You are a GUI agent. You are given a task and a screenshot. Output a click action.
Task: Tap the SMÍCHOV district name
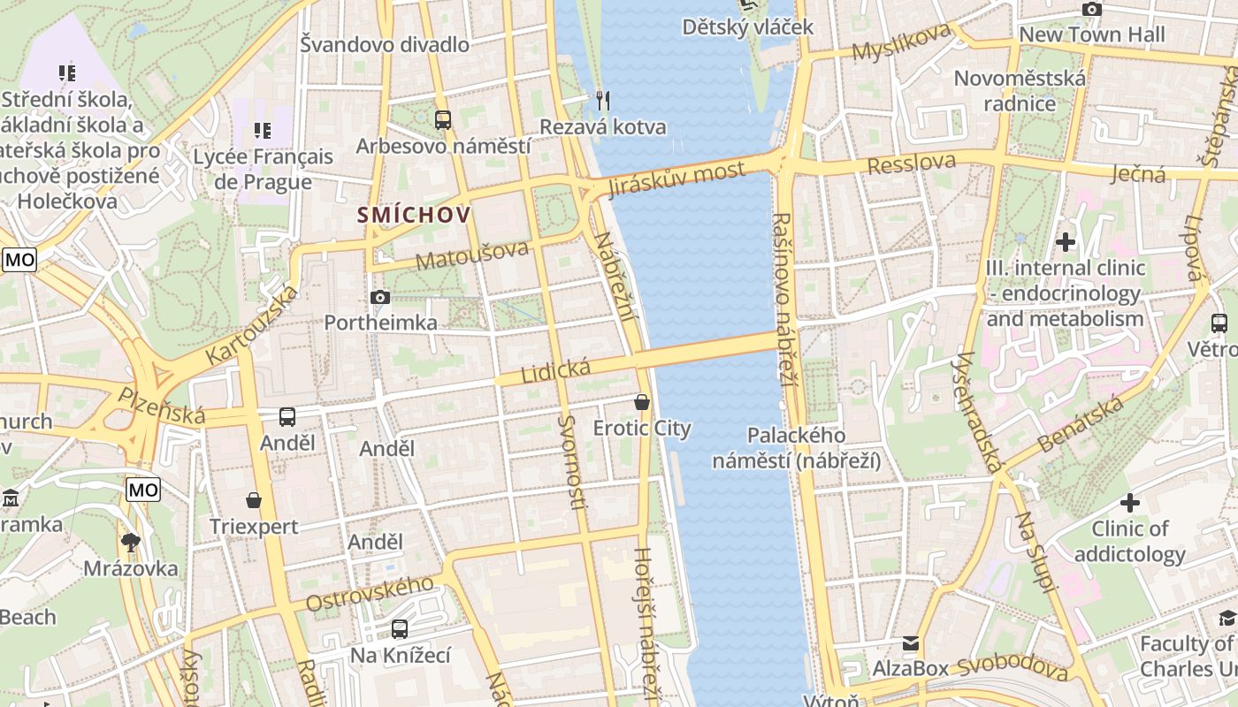(414, 214)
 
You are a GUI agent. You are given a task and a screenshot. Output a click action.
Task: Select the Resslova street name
(912, 163)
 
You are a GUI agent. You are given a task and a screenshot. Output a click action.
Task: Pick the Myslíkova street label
(901, 42)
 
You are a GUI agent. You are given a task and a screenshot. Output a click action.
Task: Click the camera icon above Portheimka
(380, 298)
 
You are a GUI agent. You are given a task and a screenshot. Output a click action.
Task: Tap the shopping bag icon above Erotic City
(642, 402)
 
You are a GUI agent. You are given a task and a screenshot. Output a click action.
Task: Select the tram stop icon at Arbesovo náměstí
(443, 119)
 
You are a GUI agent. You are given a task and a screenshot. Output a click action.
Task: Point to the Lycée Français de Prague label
(264, 169)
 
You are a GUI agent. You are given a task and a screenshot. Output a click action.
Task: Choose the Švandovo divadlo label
(385, 44)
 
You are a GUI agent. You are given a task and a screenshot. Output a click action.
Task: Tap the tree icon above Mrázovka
(131, 542)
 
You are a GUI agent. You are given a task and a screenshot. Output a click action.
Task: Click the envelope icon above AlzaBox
(911, 642)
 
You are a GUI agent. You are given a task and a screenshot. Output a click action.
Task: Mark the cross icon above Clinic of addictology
(1130, 503)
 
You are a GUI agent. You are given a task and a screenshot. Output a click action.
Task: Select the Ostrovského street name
(370, 593)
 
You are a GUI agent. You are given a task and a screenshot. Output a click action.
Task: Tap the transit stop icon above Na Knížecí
(400, 629)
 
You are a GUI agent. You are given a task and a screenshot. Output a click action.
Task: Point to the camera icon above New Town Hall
(1092, 9)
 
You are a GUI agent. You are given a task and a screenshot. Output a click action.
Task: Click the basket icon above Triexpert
(254, 500)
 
